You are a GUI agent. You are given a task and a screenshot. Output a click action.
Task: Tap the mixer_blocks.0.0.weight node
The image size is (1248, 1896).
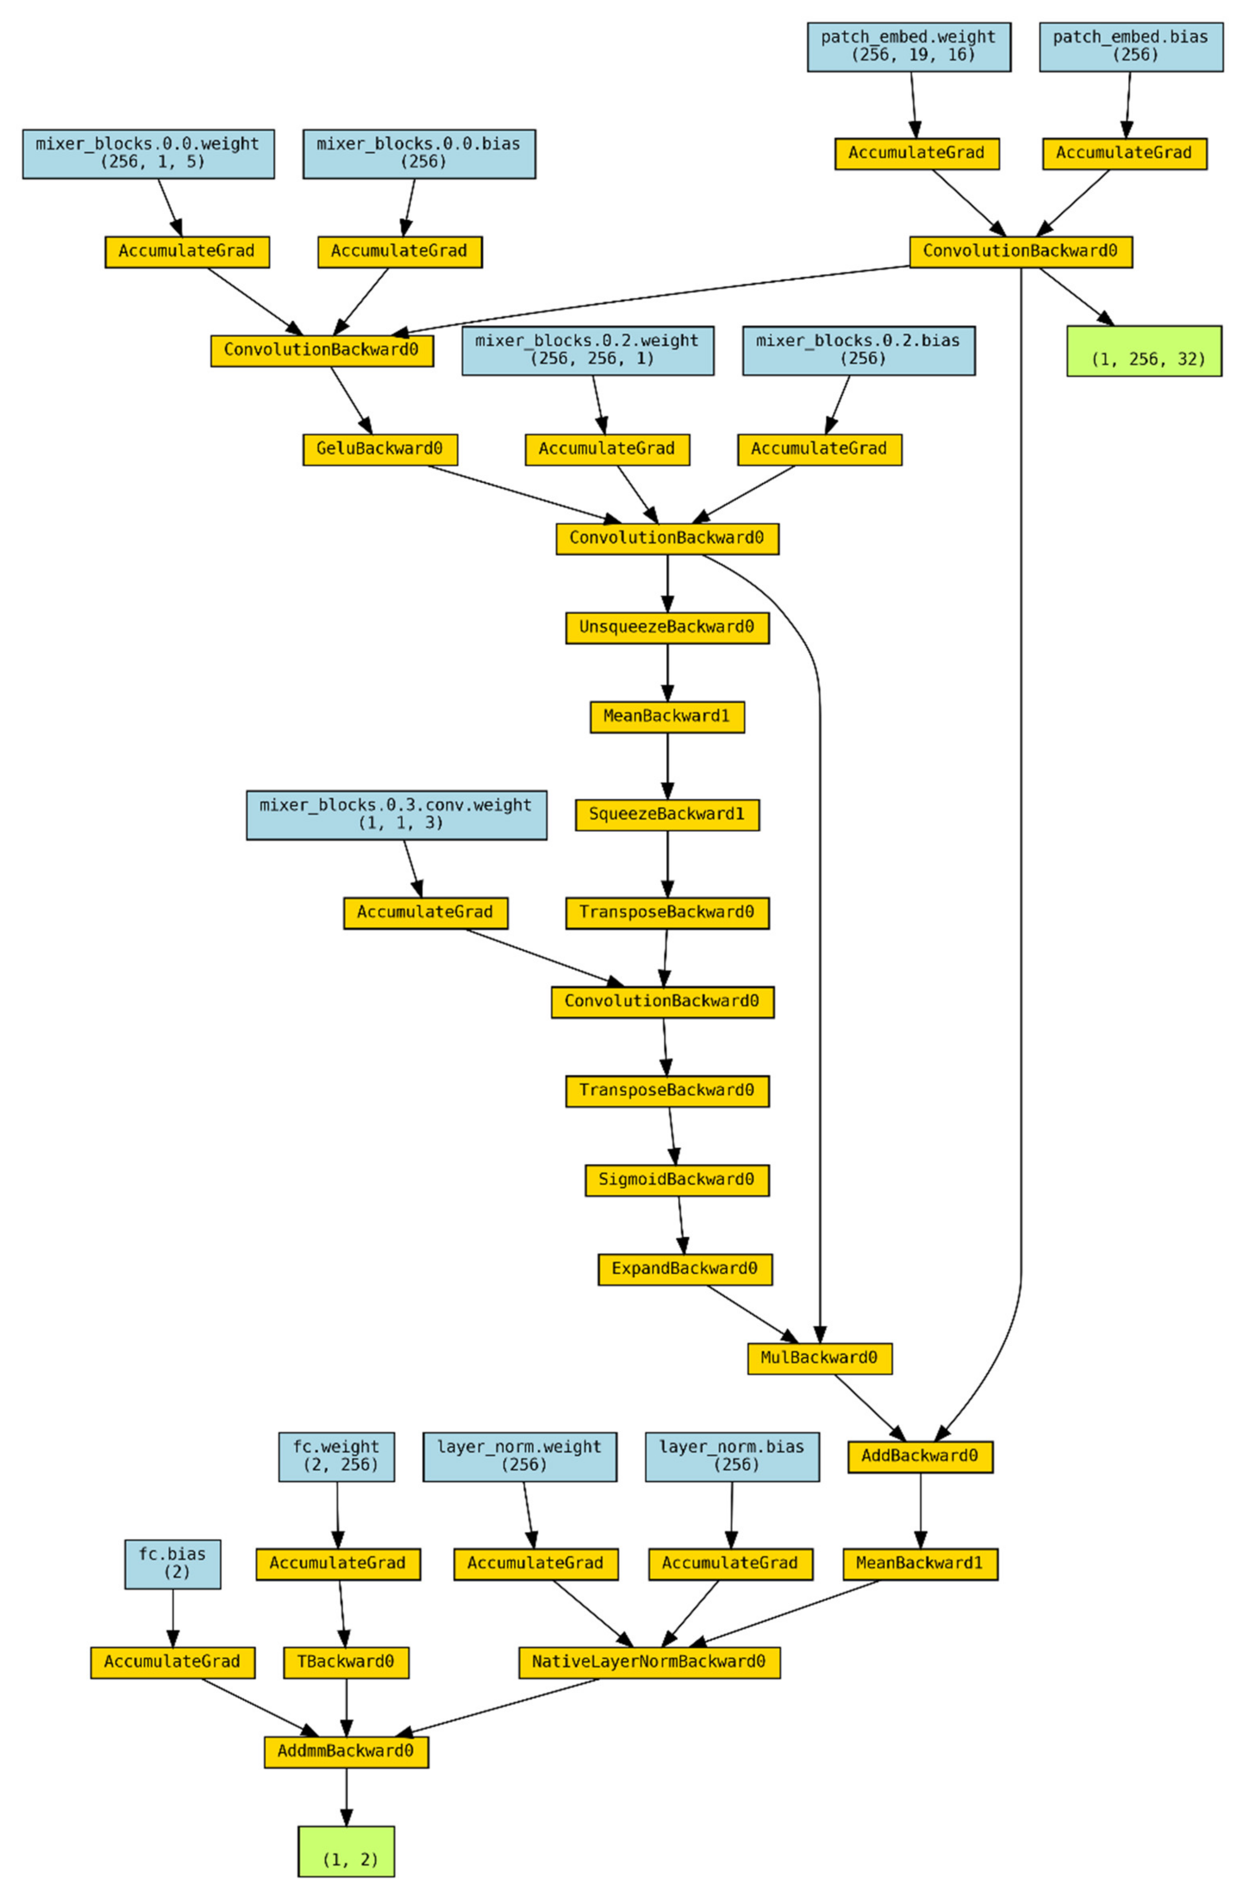click(148, 153)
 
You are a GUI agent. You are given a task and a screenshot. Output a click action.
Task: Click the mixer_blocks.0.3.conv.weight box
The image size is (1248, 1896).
click(396, 814)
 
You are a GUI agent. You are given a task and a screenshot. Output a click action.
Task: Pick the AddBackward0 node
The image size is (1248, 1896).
click(920, 1456)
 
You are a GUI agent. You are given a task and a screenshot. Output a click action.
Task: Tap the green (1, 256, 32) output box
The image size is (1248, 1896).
click(1144, 351)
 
